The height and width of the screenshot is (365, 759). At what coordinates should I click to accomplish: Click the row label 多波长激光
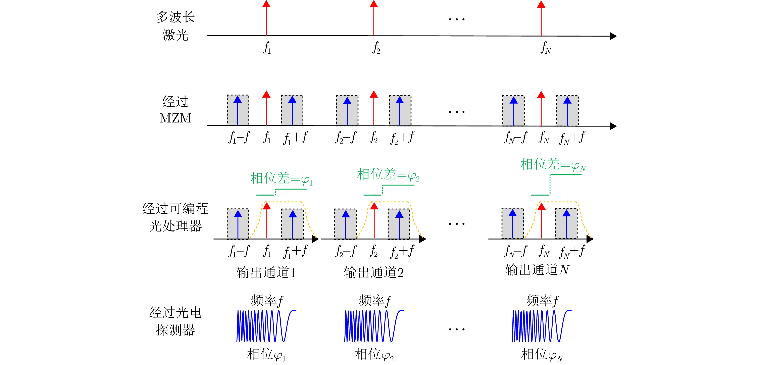175,26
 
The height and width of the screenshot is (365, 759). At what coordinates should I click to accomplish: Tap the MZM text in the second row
175,118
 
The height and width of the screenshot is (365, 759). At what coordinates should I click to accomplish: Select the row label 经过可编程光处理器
175,217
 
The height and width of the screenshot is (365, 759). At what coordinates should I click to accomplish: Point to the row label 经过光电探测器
175,321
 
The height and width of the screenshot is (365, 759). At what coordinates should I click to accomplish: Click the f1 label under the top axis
267,48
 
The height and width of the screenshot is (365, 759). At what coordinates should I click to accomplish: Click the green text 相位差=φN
553,164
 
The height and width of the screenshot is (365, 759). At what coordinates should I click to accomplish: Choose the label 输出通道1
266,272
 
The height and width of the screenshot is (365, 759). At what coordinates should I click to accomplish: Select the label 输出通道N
537,270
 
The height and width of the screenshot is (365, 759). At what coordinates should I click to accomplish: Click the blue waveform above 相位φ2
374,326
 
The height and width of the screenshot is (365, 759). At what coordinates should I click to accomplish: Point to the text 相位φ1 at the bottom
266,354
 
